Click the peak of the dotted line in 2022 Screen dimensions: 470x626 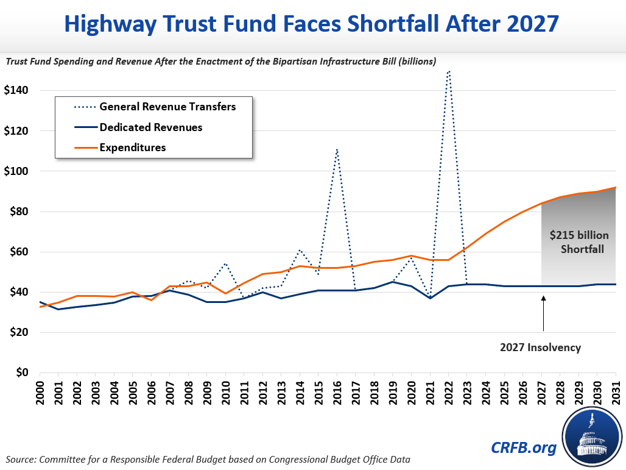(x=449, y=71)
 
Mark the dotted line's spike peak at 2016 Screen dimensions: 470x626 (x=337, y=149)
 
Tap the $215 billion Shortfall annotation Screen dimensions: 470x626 (x=579, y=243)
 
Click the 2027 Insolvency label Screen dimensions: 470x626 (x=541, y=347)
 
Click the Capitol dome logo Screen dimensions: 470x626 (x=593, y=438)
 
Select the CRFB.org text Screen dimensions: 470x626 (x=524, y=448)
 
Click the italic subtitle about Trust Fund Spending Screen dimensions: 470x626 (x=220, y=61)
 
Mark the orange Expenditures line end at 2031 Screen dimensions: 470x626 (x=616, y=188)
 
